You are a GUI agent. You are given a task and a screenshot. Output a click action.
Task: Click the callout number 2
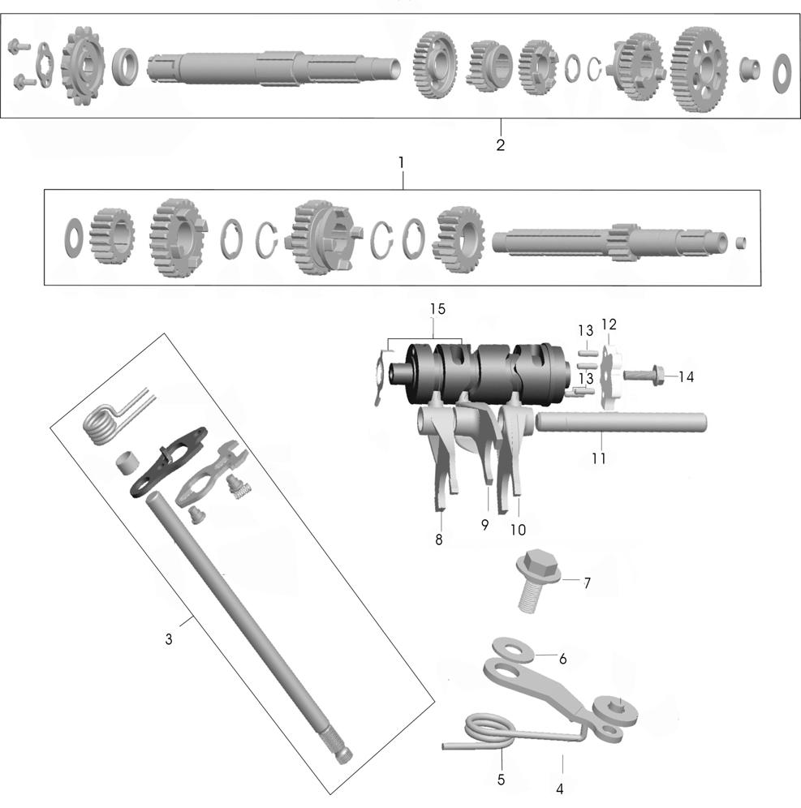point(500,144)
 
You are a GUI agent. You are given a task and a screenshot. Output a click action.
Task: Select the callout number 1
point(402,163)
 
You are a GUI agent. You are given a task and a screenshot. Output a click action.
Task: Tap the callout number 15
point(437,309)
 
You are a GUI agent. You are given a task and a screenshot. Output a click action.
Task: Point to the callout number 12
point(609,324)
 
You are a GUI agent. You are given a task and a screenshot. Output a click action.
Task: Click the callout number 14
point(686,377)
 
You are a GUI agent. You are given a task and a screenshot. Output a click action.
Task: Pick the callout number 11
point(598,458)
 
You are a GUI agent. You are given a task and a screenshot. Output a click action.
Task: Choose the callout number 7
point(587,582)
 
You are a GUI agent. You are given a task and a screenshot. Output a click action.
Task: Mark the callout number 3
point(169,639)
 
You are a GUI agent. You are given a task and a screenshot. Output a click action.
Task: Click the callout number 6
point(563,659)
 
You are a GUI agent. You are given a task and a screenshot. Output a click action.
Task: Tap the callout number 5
point(501,780)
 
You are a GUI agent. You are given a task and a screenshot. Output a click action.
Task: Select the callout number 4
point(560,789)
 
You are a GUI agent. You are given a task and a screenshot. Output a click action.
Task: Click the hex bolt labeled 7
point(537,580)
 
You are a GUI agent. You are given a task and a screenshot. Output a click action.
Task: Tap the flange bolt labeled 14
point(645,374)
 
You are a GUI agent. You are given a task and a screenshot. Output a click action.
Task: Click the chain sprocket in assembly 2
point(83,66)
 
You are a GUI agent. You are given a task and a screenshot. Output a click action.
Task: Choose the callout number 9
point(484,525)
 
